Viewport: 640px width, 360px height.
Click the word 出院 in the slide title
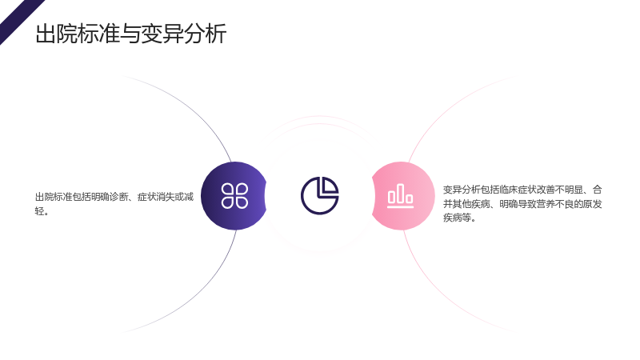56,34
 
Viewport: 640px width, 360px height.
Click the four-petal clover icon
234,195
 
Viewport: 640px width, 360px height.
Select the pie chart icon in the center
319,195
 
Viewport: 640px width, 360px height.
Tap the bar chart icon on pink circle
401,195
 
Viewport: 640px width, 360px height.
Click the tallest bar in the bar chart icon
401,193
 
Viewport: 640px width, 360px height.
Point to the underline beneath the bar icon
401,207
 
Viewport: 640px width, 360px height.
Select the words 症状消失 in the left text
156,197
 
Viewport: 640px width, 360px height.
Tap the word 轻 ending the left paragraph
39,211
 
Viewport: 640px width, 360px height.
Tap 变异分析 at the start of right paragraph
462,190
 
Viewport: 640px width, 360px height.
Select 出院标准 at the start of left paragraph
54,197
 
